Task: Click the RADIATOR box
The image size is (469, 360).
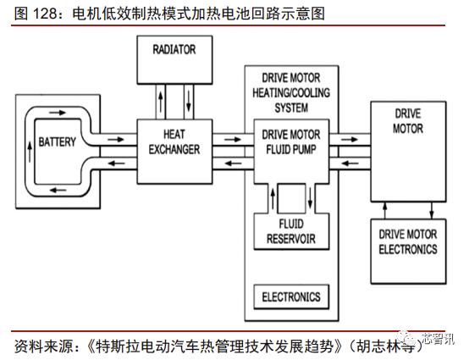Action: coord(174,59)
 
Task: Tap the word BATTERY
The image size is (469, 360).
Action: coord(58,141)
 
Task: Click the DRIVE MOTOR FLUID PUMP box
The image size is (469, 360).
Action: coord(290,141)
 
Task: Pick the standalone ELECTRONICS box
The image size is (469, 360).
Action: coord(290,296)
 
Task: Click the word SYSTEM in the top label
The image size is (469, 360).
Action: coord(290,108)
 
